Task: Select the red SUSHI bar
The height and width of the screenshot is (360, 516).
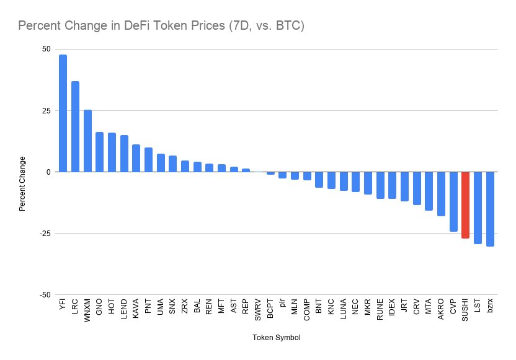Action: (x=465, y=205)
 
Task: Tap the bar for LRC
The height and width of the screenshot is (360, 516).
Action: (x=75, y=126)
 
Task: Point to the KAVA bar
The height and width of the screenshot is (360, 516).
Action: (x=136, y=158)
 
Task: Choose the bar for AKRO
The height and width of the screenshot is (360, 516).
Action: (x=441, y=193)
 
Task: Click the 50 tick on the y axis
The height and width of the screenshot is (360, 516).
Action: (x=47, y=49)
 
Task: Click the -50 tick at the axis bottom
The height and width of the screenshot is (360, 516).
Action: (x=45, y=295)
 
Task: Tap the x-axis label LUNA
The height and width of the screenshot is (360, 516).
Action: (x=344, y=310)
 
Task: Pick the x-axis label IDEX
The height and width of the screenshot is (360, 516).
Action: (x=392, y=310)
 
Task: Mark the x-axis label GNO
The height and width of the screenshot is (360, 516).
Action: (x=99, y=309)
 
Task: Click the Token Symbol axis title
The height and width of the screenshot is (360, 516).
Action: (x=277, y=338)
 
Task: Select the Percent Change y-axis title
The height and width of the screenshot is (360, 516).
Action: (x=22, y=183)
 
